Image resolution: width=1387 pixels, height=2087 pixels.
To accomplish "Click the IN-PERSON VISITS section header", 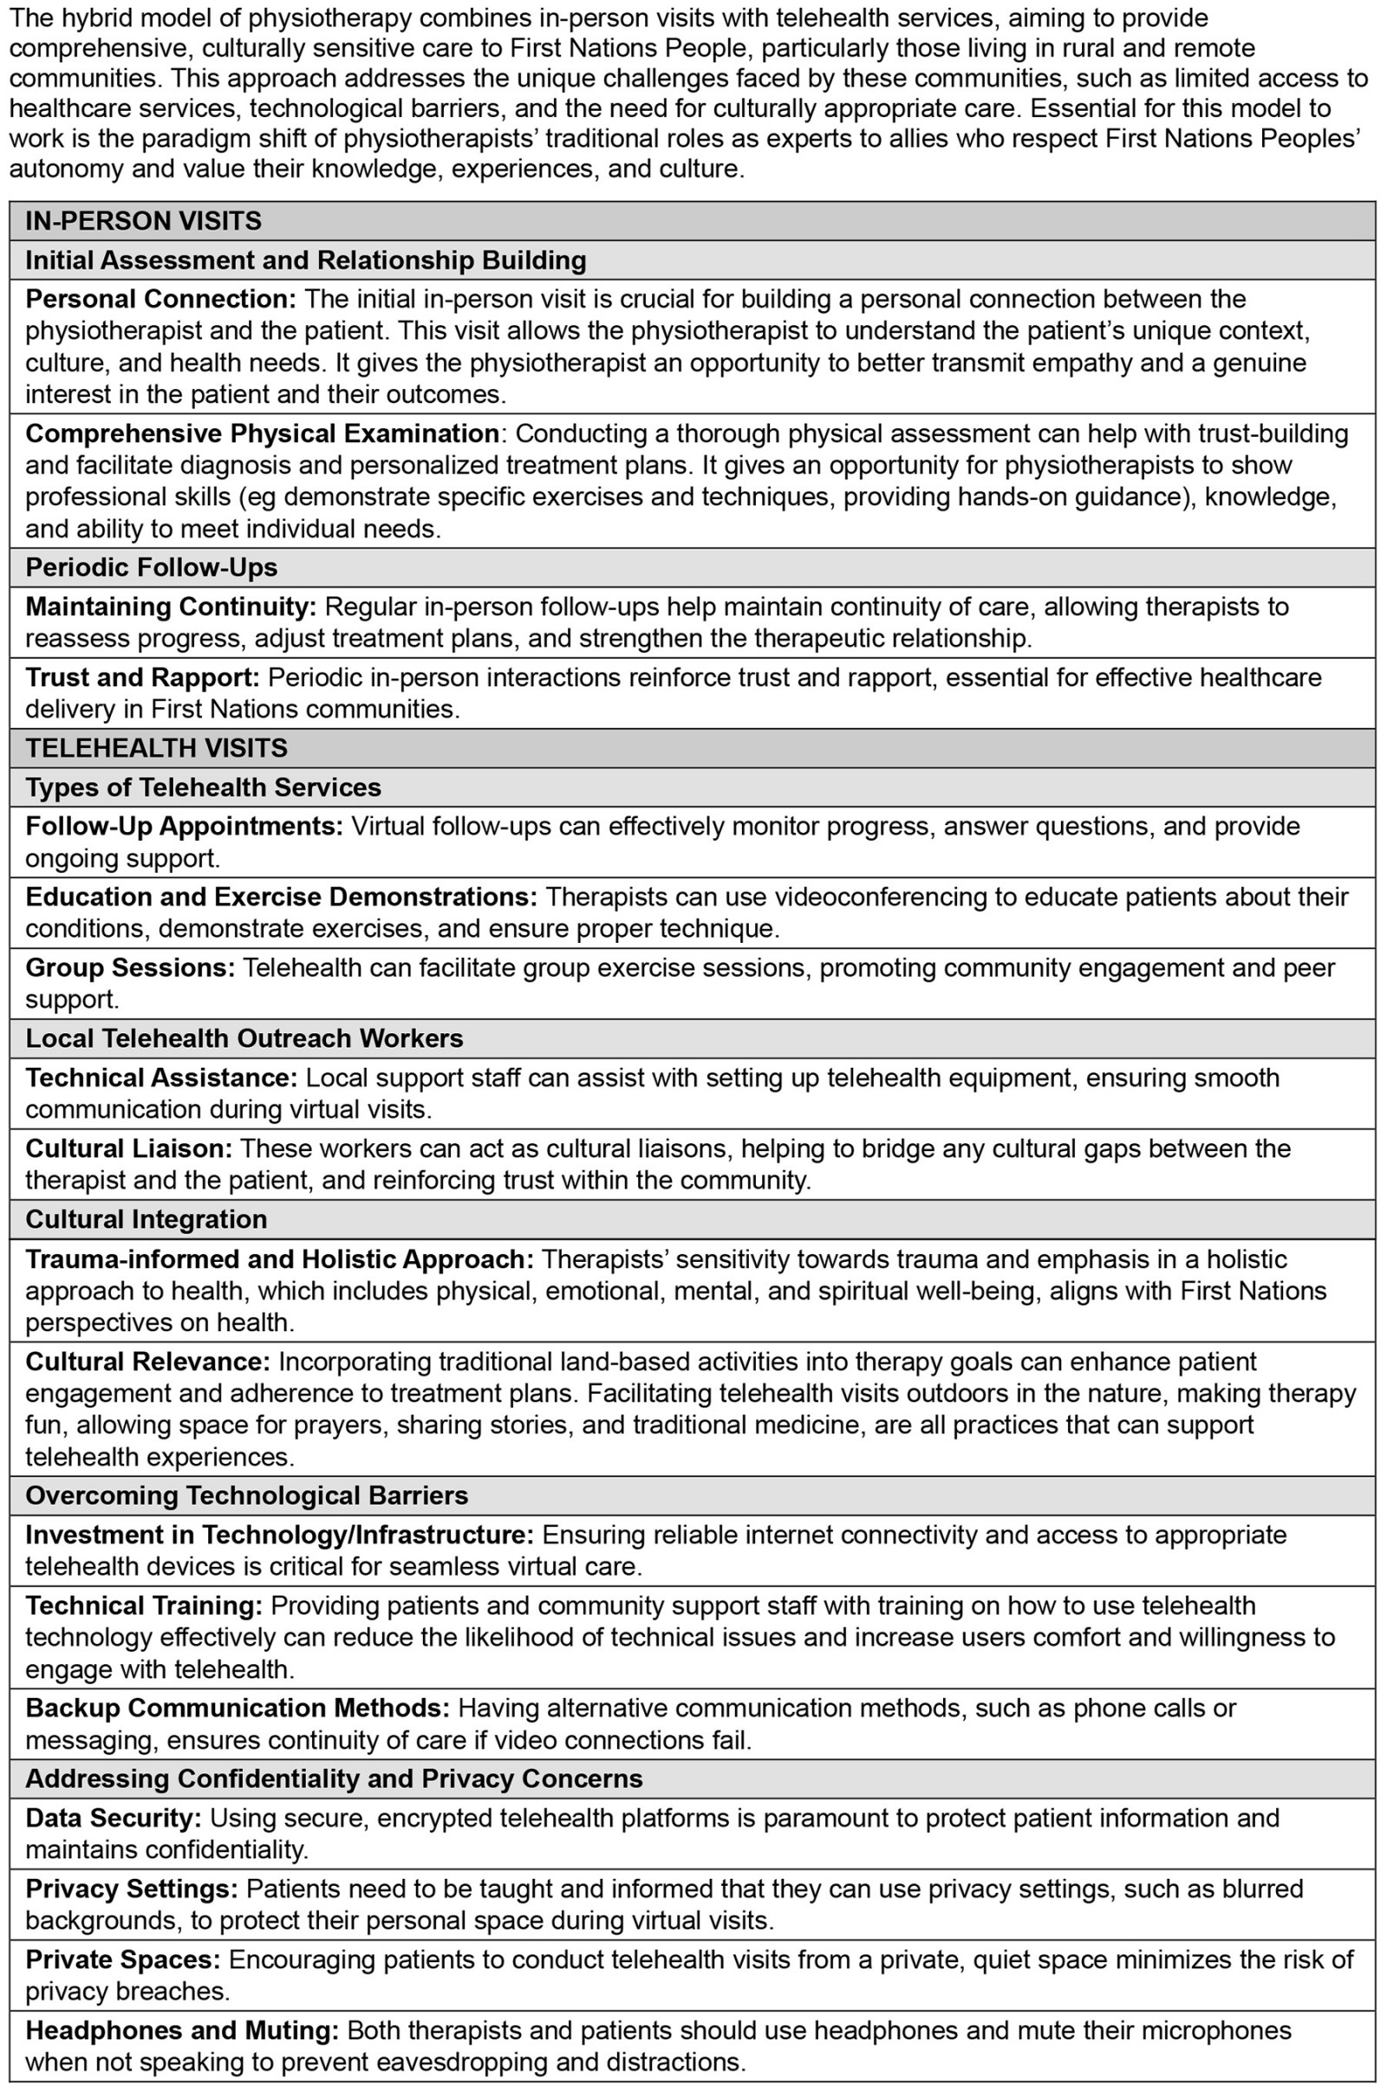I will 143,220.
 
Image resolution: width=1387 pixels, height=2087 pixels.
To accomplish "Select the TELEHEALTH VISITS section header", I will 157,747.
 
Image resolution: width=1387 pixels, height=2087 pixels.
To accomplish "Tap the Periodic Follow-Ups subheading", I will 151,567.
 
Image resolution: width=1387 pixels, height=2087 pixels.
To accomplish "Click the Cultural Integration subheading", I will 146,1219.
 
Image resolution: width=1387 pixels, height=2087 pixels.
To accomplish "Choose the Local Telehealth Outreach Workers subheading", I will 244,1037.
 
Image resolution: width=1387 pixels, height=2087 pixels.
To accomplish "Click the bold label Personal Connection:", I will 161,299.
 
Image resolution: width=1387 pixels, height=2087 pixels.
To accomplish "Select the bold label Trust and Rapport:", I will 142,677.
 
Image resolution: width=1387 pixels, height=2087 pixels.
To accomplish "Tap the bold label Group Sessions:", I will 130,966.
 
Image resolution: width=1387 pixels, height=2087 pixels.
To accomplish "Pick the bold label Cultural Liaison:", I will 128,1148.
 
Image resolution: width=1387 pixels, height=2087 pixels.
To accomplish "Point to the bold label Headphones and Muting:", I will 181,2030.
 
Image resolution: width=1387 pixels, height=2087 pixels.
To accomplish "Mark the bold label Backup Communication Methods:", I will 238,1707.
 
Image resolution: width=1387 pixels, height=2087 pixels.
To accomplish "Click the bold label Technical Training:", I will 144,1605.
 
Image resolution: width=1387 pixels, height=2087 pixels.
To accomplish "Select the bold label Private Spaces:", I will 123,1959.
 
